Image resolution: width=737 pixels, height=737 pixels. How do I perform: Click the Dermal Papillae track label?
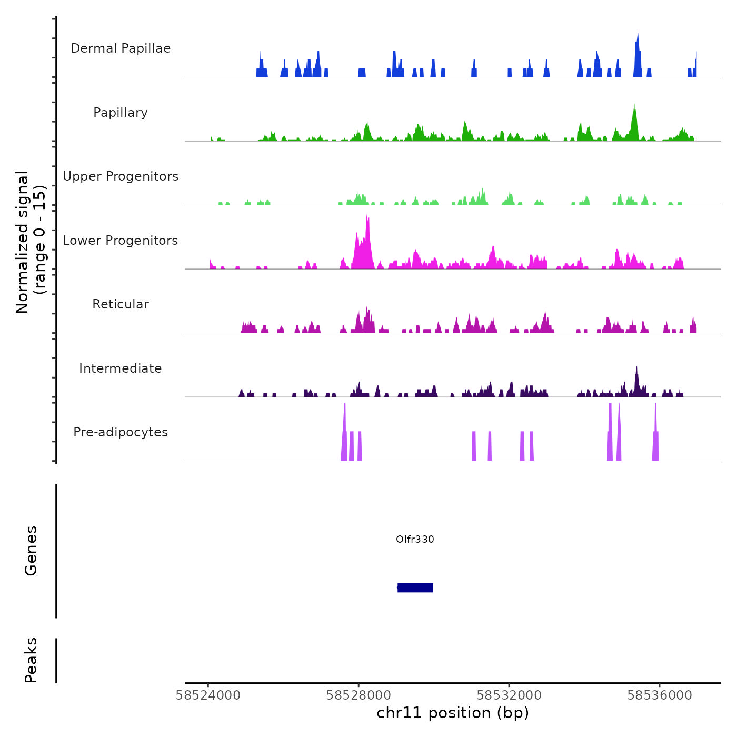(121, 48)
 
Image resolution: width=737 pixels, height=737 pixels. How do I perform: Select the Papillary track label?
(121, 113)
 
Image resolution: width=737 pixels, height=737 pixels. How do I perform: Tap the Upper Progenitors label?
(121, 176)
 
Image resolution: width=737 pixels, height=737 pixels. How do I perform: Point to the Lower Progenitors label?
(121, 241)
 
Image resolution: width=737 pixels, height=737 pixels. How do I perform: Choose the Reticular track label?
(121, 304)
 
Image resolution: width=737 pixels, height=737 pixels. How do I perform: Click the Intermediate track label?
(121, 368)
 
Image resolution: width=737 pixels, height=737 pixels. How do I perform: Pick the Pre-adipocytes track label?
(121, 432)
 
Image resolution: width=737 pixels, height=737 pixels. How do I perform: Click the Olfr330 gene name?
(415, 539)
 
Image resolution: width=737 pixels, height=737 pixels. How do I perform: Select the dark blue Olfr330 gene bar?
(415, 587)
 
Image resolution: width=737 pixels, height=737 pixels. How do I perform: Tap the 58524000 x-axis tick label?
(208, 695)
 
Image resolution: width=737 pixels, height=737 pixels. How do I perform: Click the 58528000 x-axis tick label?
(358, 695)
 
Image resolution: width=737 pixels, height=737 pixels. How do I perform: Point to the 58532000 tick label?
(509, 695)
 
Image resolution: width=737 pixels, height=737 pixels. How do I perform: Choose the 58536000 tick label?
(660, 695)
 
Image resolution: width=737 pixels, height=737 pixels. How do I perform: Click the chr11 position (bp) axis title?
(453, 713)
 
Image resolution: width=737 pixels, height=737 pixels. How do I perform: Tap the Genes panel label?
(31, 551)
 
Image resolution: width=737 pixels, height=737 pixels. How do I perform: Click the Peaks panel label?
(31, 660)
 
